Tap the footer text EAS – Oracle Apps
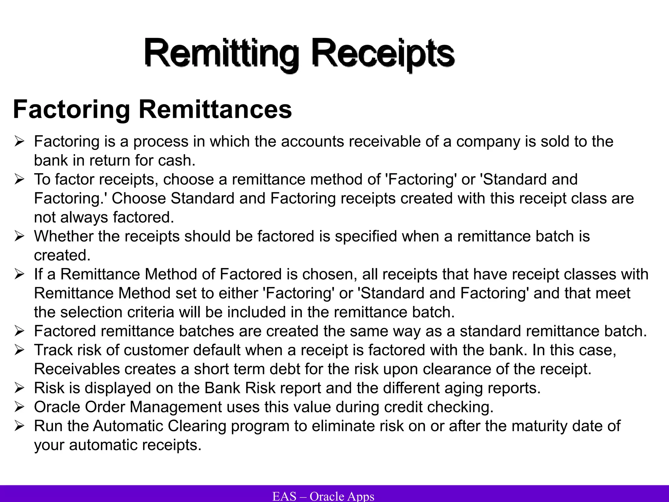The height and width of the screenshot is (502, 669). [x=323, y=496]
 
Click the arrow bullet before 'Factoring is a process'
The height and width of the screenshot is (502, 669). [x=19, y=142]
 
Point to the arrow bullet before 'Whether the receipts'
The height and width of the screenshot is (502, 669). [x=19, y=237]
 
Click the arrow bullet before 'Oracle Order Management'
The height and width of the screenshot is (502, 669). [x=19, y=407]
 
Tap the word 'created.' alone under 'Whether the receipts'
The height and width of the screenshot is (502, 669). [x=62, y=255]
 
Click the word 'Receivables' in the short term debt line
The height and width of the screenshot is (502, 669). [x=77, y=369]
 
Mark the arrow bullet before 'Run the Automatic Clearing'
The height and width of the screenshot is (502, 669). [x=19, y=426]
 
